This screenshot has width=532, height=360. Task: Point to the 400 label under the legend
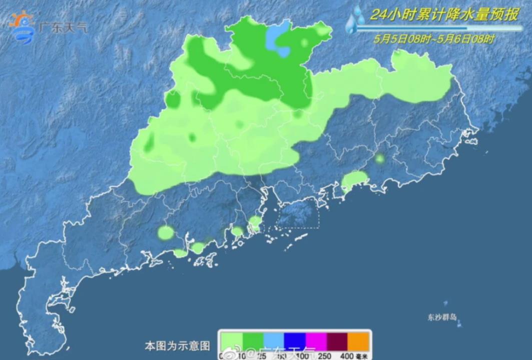point(347,356)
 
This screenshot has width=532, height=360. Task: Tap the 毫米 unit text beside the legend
point(361,356)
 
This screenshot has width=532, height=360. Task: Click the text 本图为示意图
point(177,345)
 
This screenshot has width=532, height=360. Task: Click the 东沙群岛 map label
point(442,317)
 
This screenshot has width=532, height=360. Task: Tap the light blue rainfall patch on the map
point(277,39)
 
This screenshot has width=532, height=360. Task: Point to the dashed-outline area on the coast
point(298,214)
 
